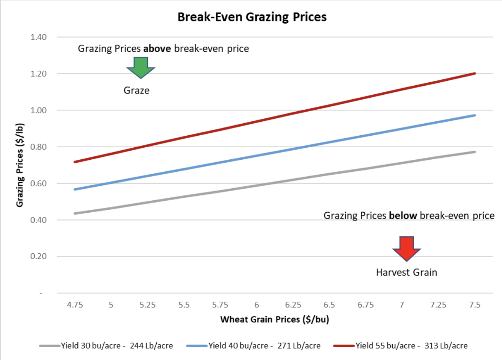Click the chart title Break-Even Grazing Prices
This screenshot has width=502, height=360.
pyautogui.click(x=252, y=17)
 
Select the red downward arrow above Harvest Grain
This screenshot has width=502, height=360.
pyautogui.click(x=407, y=248)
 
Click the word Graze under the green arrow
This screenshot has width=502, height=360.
pyautogui.click(x=136, y=91)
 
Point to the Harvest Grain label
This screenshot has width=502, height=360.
pyautogui.click(x=407, y=272)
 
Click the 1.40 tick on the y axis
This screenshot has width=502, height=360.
pyautogui.click(x=39, y=37)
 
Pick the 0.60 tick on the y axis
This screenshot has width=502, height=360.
pyautogui.click(x=39, y=183)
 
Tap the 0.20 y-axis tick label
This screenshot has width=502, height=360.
pyautogui.click(x=39, y=256)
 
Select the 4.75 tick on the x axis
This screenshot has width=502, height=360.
pyautogui.click(x=75, y=305)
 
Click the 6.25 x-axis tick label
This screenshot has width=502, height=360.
pyautogui.click(x=293, y=305)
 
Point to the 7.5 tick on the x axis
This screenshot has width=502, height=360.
pyautogui.click(x=475, y=305)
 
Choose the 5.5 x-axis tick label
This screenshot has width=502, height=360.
pyautogui.click(x=184, y=305)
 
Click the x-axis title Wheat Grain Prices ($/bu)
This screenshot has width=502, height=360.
pyautogui.click(x=275, y=319)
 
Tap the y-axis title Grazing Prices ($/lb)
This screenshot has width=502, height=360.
pyautogui.click(x=20, y=165)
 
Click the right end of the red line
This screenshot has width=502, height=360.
pyautogui.click(x=475, y=74)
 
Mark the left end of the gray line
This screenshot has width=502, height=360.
pyautogui.click(x=75, y=213)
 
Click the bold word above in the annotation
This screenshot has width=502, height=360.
pyautogui.click(x=157, y=49)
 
